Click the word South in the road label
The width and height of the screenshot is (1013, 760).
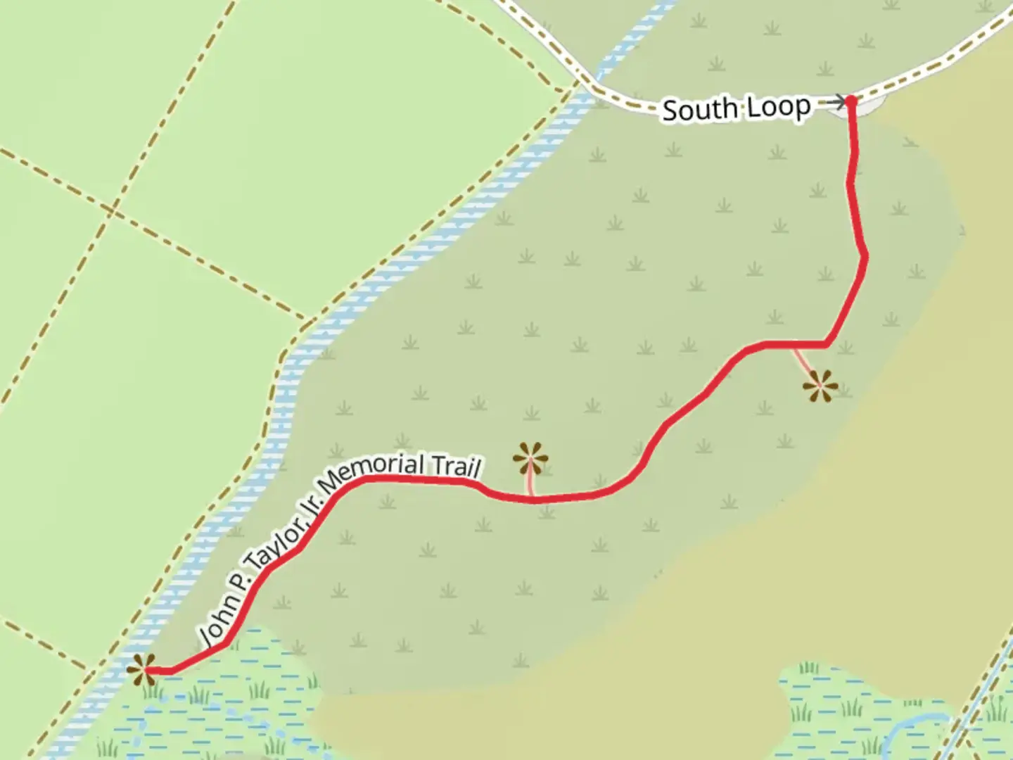click(699, 110)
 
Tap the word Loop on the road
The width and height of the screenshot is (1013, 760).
click(778, 107)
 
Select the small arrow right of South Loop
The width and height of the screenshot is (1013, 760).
click(835, 103)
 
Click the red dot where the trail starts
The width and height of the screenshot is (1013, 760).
click(851, 101)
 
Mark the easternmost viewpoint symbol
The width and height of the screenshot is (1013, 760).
click(820, 386)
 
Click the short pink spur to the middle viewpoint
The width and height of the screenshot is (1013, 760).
click(531, 486)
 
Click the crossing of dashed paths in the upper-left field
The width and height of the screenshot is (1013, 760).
click(113, 209)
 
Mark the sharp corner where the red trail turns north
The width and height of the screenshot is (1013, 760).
click(827, 344)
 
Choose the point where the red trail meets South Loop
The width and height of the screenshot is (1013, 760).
click(851, 101)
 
